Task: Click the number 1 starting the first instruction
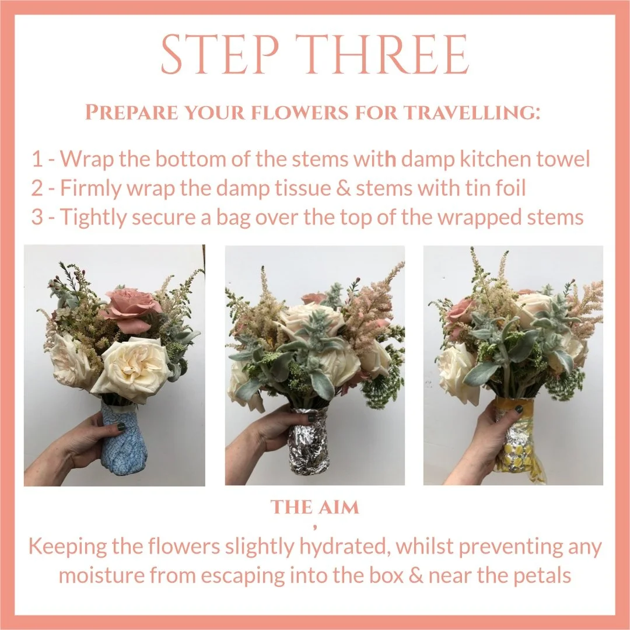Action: (37, 159)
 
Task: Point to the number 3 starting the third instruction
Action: (38, 217)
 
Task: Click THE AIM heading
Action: (314, 508)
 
